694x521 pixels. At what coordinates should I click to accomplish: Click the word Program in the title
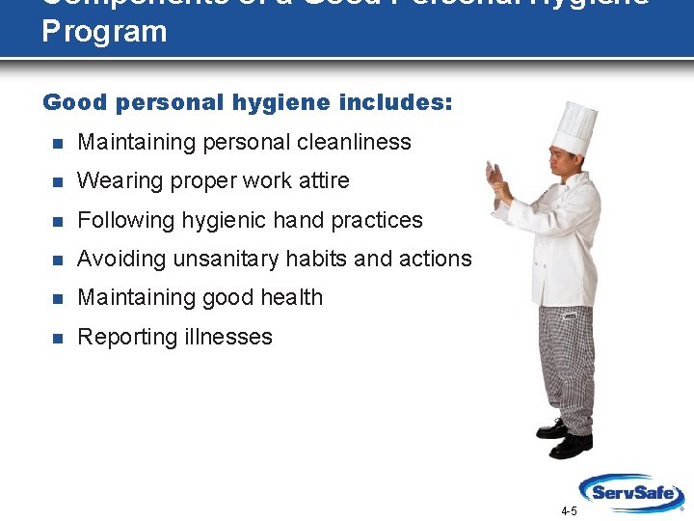(104, 31)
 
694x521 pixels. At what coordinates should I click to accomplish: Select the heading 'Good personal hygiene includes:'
(247, 102)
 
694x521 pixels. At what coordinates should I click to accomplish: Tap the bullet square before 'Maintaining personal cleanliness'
(57, 143)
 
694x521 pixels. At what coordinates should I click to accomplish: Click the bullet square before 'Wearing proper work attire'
(57, 181)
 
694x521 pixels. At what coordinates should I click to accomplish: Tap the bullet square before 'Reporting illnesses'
(57, 338)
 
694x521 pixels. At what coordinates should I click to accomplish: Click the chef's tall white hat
(574, 126)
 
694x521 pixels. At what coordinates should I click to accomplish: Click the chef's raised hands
(502, 178)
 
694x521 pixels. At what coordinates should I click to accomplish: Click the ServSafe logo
(631, 491)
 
